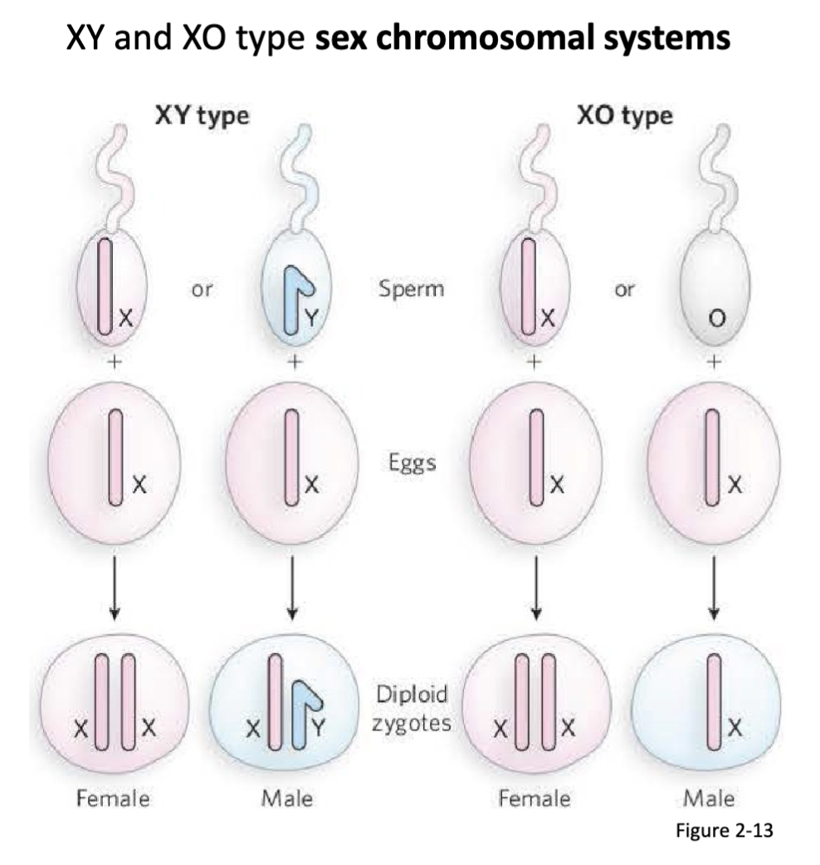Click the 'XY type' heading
[202, 115]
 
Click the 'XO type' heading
[624, 115]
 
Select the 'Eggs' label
[411, 462]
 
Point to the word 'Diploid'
[412, 693]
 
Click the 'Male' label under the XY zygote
[287, 799]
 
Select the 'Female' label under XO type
[534, 799]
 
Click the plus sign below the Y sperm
[292, 362]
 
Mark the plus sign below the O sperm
[713, 362]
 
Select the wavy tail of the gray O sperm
[714, 174]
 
